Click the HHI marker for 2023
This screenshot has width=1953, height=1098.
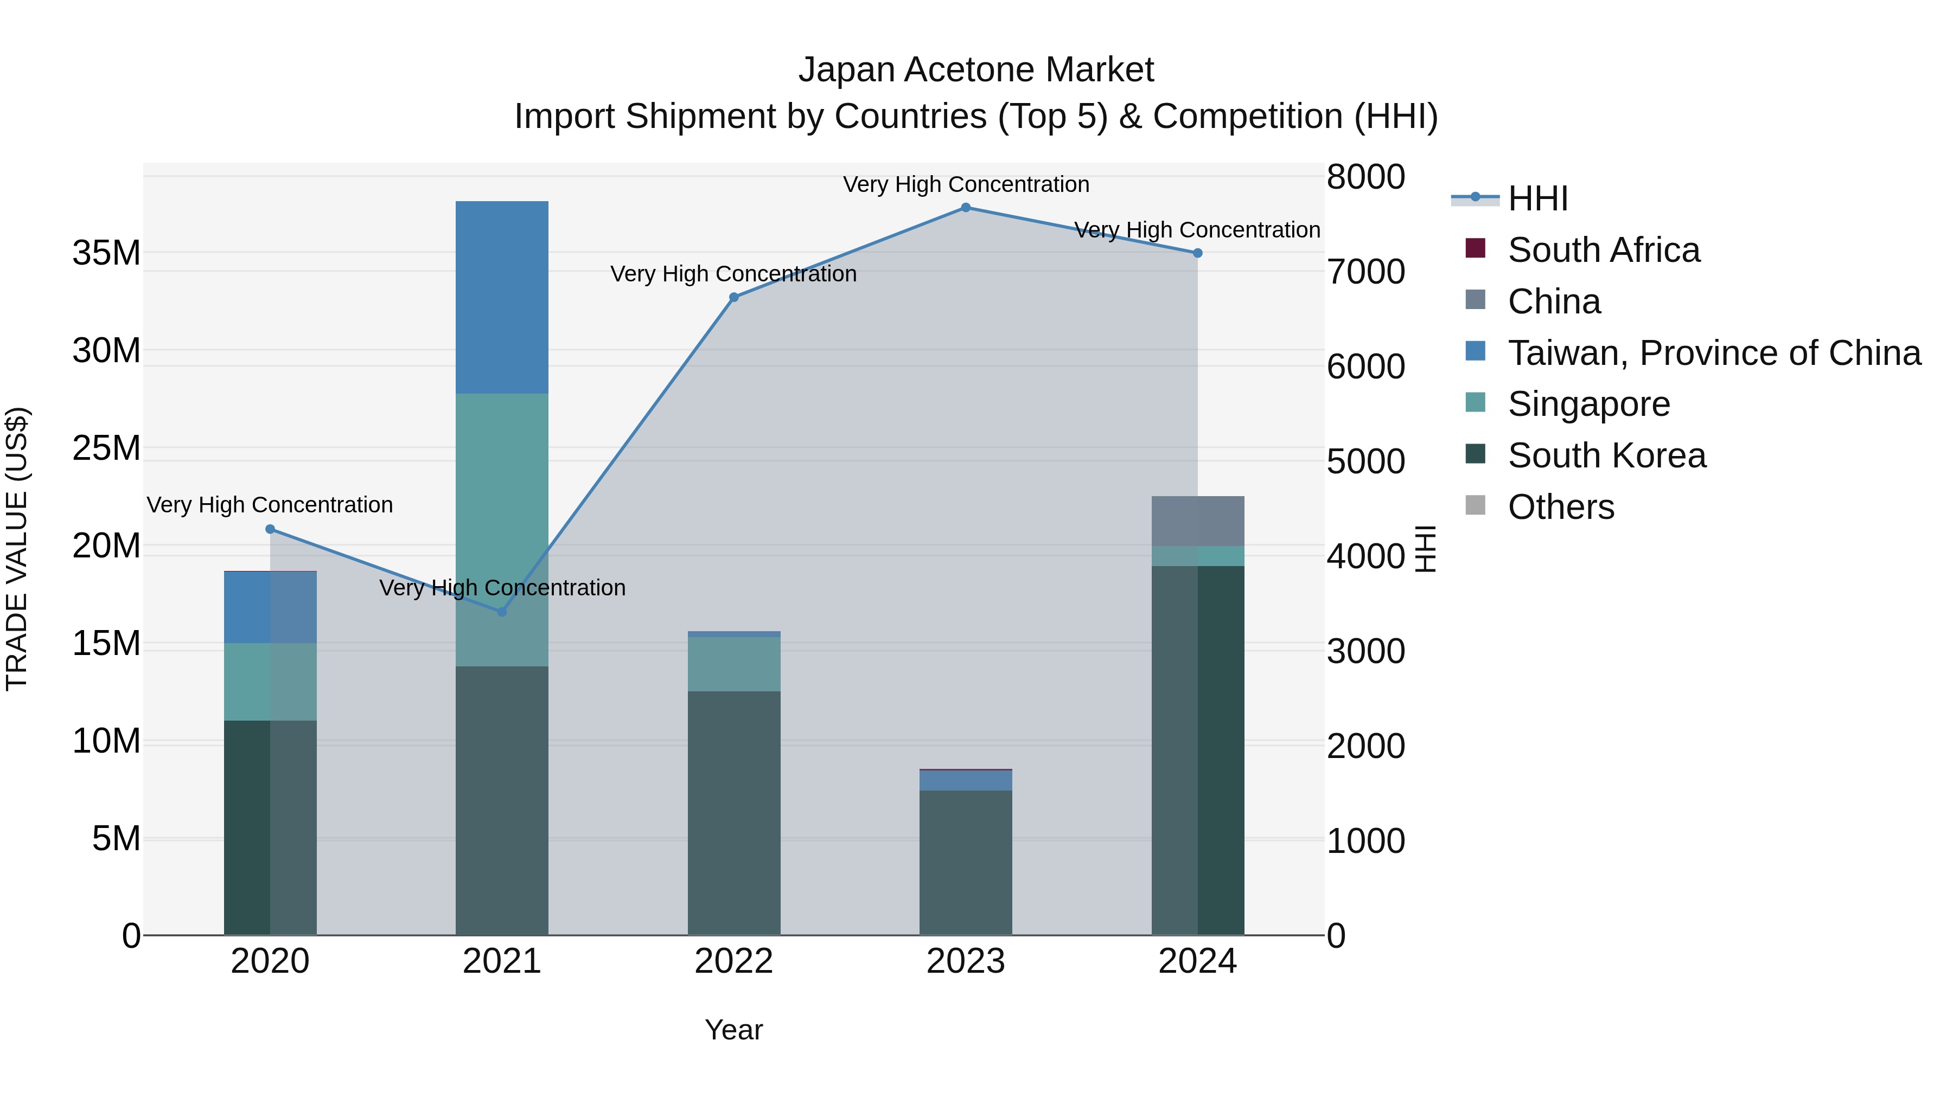tap(965, 208)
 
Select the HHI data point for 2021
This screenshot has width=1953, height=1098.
tap(502, 612)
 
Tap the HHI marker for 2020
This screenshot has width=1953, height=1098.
tap(270, 529)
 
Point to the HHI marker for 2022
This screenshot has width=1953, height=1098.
tap(734, 298)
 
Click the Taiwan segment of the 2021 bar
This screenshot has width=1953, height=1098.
tap(502, 297)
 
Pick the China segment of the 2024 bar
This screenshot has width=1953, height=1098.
tap(1197, 521)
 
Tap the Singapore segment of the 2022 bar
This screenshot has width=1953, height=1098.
tap(734, 664)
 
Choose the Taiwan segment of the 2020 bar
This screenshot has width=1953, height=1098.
tap(270, 607)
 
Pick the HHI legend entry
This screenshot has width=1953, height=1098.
tap(1537, 198)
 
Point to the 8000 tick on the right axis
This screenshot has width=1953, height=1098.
tap(1365, 177)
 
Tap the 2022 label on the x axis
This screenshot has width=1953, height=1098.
tap(734, 961)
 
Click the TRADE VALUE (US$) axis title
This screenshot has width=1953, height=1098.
tap(17, 549)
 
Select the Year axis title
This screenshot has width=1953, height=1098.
tap(734, 1030)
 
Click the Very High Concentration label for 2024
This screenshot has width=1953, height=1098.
tap(1197, 229)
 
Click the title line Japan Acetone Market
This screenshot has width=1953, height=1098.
tap(976, 70)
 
